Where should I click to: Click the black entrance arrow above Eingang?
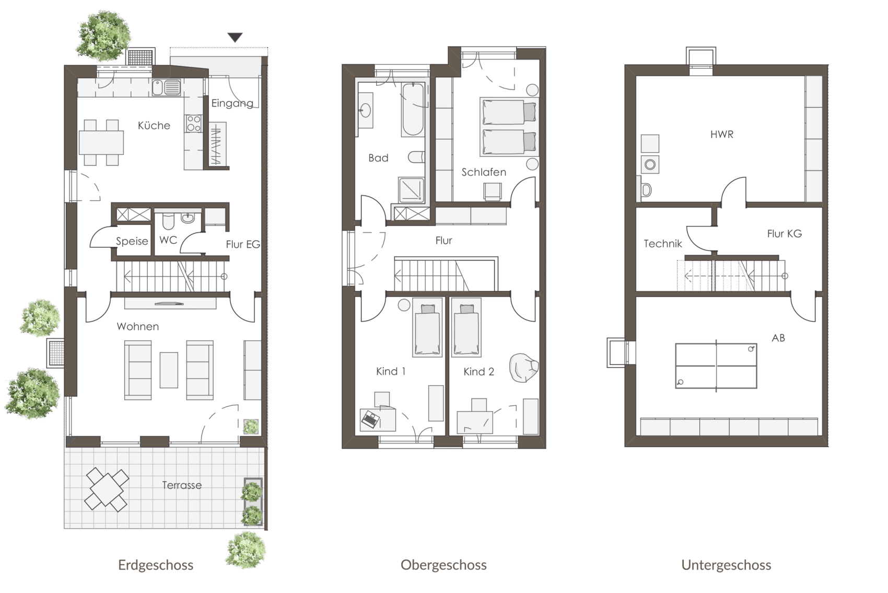click(235, 37)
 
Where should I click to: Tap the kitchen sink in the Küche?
click(167, 88)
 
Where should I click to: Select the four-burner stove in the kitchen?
click(194, 123)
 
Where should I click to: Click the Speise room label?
click(132, 241)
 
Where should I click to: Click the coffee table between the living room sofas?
click(169, 370)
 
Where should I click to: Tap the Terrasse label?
click(182, 485)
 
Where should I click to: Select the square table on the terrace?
click(106, 489)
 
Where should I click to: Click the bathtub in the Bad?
click(413, 109)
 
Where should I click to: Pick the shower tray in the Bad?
click(411, 190)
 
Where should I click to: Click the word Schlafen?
click(484, 172)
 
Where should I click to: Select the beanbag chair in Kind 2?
click(524, 368)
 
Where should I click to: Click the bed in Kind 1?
click(427, 327)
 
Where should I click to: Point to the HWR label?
click(721, 134)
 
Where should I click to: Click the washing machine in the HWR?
click(650, 164)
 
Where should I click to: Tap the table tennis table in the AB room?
click(716, 366)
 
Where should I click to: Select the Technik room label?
click(663, 244)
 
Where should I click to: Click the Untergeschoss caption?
click(726, 565)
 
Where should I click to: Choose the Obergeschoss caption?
click(443, 565)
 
